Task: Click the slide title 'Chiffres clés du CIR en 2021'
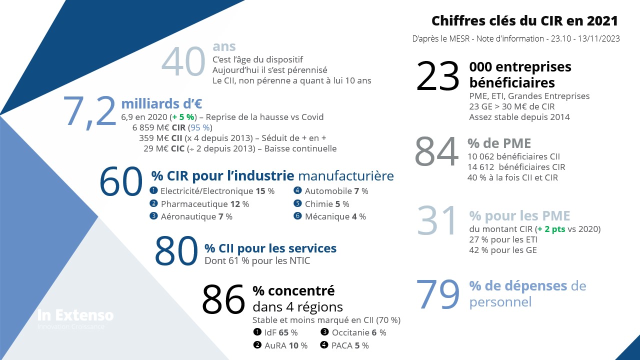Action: click(x=524, y=21)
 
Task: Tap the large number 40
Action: click(x=183, y=62)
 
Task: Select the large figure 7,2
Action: click(x=90, y=110)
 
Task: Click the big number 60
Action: click(x=121, y=181)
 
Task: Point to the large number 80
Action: click(x=176, y=251)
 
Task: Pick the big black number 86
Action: click(x=223, y=299)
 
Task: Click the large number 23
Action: click(x=437, y=76)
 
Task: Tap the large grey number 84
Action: click(x=436, y=152)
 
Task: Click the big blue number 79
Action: click(x=437, y=294)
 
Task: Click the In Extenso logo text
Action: click(x=75, y=315)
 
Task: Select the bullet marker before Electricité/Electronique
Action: click(x=153, y=190)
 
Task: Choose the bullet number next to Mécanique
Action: click(x=297, y=216)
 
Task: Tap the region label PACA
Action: click(x=342, y=345)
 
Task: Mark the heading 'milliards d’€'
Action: click(x=161, y=103)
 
